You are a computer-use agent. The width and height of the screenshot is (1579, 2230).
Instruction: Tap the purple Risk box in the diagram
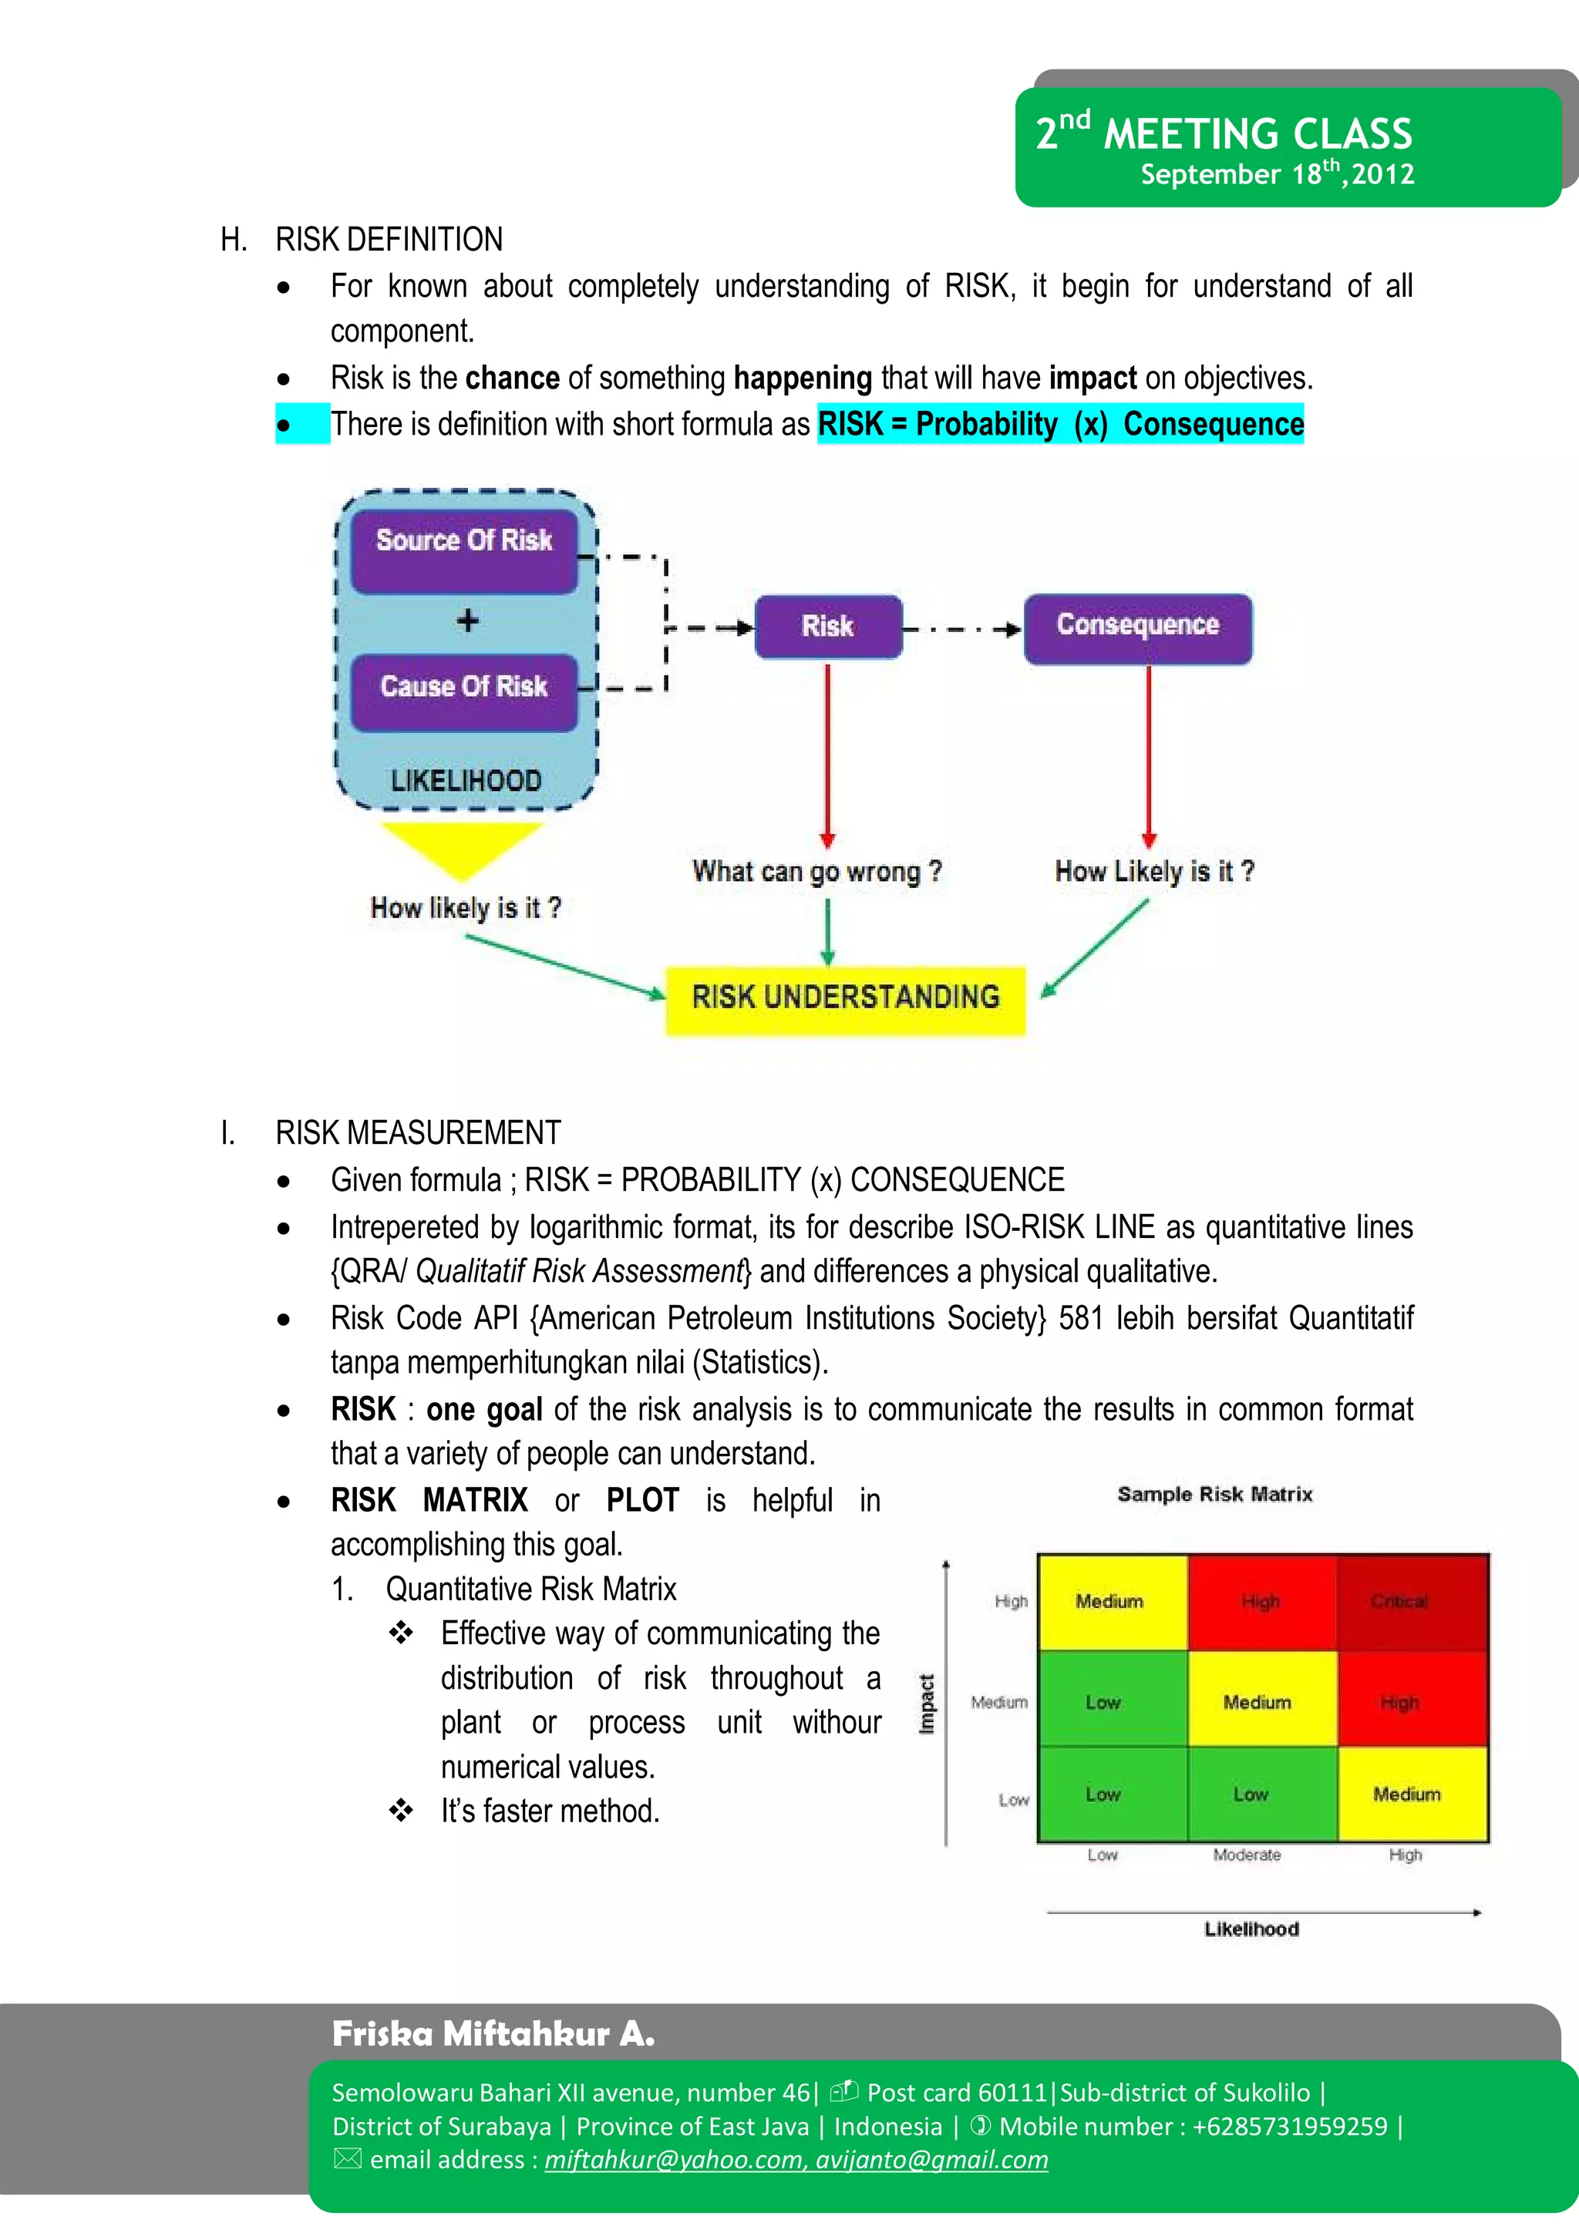(828, 626)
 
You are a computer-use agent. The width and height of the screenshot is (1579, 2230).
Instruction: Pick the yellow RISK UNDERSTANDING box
(845, 998)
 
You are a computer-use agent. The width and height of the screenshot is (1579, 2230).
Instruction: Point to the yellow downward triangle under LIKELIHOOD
(462, 846)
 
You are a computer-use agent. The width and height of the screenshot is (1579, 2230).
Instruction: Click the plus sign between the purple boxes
(468, 621)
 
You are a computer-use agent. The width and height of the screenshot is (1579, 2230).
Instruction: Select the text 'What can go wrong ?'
(816, 872)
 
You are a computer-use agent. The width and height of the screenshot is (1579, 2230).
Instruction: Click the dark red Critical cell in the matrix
(1412, 1601)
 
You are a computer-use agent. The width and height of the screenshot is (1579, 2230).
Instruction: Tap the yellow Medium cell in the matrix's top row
(1111, 1601)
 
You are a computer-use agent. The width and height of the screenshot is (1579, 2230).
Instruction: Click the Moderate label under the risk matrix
(1247, 1855)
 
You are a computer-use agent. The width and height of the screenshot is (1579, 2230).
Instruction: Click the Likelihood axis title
(1251, 1929)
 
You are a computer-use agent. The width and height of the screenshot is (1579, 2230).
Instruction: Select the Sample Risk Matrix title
(1214, 1494)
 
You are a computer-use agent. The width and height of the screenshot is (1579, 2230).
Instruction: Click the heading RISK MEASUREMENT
(418, 1132)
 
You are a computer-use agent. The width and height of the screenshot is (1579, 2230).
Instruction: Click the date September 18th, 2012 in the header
(1277, 175)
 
